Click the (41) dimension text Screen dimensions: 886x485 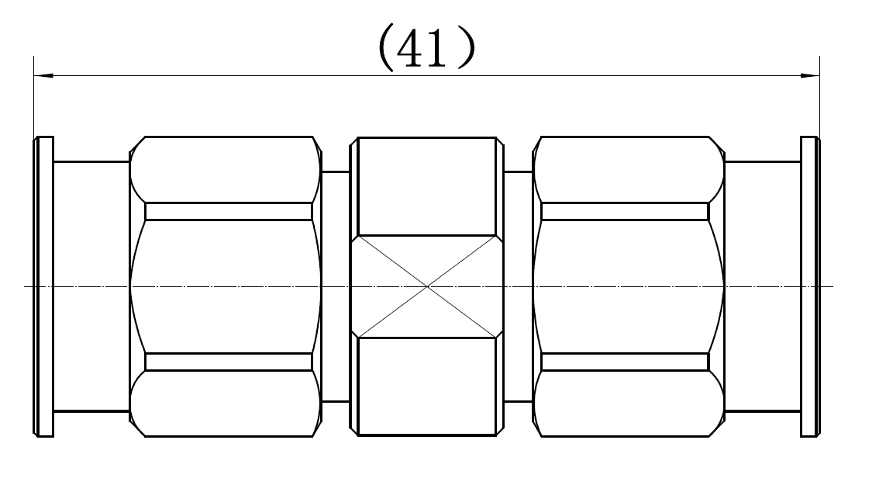(x=426, y=48)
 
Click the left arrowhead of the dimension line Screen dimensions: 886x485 (x=43, y=75)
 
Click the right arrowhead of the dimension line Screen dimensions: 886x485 (x=810, y=75)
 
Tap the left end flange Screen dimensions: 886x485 (x=44, y=286)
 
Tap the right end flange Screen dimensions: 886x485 (x=810, y=286)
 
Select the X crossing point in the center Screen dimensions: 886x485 (x=427, y=287)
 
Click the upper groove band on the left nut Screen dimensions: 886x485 (x=229, y=211)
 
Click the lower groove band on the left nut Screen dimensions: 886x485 (x=229, y=362)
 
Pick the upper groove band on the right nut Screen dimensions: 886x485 (x=625, y=211)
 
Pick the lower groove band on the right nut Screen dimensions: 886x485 (x=625, y=362)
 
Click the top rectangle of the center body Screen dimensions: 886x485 (x=427, y=186)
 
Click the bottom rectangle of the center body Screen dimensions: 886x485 (x=427, y=386)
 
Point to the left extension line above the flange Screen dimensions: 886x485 (x=34, y=96)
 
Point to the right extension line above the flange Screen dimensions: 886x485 (x=820, y=96)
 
